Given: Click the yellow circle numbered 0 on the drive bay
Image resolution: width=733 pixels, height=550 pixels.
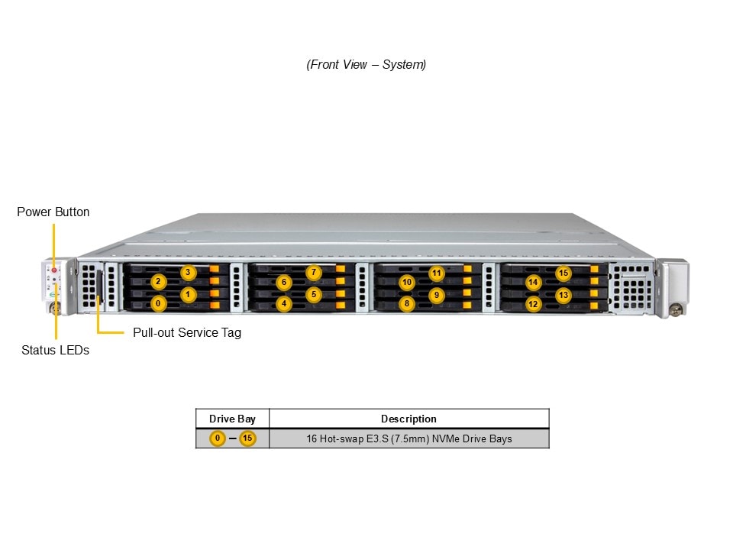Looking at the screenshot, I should click(158, 303).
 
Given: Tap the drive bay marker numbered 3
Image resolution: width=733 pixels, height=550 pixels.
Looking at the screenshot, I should click(188, 273).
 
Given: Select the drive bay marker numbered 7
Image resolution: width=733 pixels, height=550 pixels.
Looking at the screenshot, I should click(313, 273).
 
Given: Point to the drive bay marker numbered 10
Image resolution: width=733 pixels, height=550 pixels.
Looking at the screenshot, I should click(407, 283).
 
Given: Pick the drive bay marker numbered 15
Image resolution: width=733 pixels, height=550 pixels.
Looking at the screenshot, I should click(563, 273).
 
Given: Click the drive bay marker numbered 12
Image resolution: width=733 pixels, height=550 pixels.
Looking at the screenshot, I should click(533, 304).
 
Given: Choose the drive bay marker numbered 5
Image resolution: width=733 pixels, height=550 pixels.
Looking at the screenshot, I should click(313, 294).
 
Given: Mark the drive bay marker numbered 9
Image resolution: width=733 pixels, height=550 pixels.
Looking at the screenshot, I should click(437, 294).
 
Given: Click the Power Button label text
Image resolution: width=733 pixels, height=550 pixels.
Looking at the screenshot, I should click(53, 212).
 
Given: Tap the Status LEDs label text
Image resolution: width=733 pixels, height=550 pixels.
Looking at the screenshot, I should click(55, 350).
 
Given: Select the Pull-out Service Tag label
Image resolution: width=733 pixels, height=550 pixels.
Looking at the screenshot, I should click(186, 333).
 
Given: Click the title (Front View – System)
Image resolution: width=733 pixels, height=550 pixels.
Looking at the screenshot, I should click(366, 65).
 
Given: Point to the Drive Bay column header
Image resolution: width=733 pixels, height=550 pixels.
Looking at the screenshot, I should click(232, 419).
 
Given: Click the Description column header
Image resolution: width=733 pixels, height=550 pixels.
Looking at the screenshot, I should click(408, 419).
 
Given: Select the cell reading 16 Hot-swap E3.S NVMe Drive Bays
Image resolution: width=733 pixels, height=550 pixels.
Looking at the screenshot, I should click(408, 438).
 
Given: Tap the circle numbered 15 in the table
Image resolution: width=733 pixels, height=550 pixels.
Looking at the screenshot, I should click(247, 438).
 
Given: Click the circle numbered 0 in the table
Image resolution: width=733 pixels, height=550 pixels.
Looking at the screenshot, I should click(218, 438).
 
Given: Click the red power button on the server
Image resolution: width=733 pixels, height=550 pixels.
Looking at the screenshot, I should click(54, 270).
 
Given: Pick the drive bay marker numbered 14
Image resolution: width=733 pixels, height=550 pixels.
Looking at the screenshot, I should click(533, 283).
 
